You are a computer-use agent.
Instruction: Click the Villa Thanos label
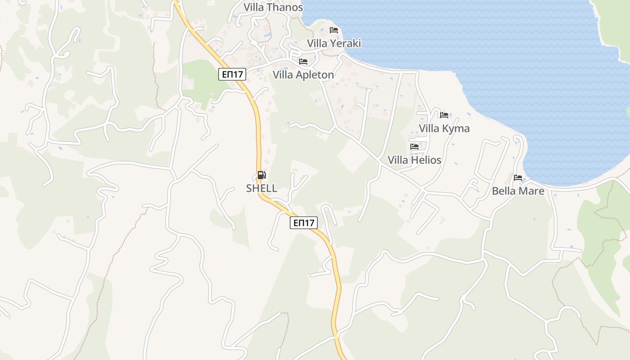pyautogui.click(x=273, y=7)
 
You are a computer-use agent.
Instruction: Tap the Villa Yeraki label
pyautogui.click(x=334, y=43)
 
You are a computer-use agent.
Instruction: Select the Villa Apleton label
pyautogui.click(x=303, y=75)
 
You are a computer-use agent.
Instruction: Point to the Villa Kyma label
pyautogui.click(x=444, y=128)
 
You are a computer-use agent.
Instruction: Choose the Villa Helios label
pyautogui.click(x=414, y=160)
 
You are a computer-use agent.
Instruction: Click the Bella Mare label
pyautogui.click(x=518, y=191)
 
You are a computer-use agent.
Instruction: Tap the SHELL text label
pyautogui.click(x=261, y=188)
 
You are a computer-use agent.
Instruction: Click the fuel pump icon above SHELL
pyautogui.click(x=261, y=175)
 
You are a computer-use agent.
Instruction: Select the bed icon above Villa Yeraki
pyautogui.click(x=334, y=30)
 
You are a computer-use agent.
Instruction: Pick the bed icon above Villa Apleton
pyautogui.click(x=303, y=62)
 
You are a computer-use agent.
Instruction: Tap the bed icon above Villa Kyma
pyautogui.click(x=444, y=115)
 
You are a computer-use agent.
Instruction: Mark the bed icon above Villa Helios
pyautogui.click(x=414, y=147)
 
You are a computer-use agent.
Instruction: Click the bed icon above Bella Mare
pyautogui.click(x=518, y=178)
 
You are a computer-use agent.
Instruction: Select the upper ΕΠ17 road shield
pyautogui.click(x=232, y=74)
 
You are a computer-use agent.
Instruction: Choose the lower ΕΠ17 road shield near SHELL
pyautogui.click(x=304, y=222)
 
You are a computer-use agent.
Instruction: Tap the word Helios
pyautogui.click(x=426, y=160)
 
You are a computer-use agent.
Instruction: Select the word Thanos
pyautogui.click(x=285, y=7)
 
